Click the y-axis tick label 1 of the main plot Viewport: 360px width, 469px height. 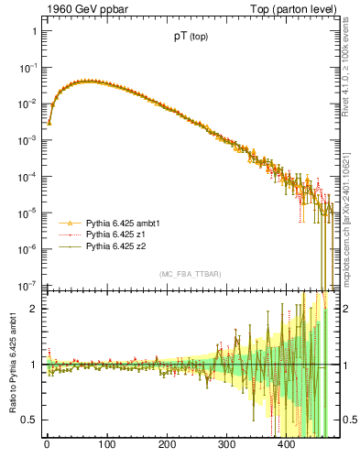(34, 31)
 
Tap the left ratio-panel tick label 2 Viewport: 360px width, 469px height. (34, 308)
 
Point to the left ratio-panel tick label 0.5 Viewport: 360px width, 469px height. (29, 420)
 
